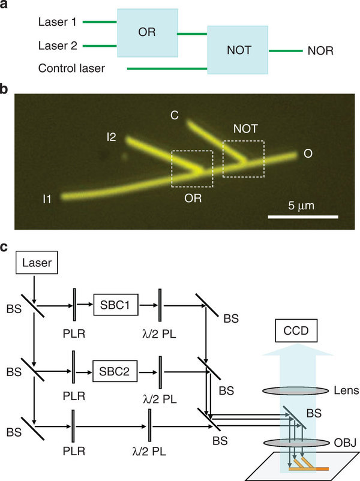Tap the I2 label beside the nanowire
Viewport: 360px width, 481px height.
111,139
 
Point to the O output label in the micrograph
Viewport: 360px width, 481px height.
307,155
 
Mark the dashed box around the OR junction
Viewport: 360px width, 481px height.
191,169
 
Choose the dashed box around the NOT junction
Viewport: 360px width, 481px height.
242,158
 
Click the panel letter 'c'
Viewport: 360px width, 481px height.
5,247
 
